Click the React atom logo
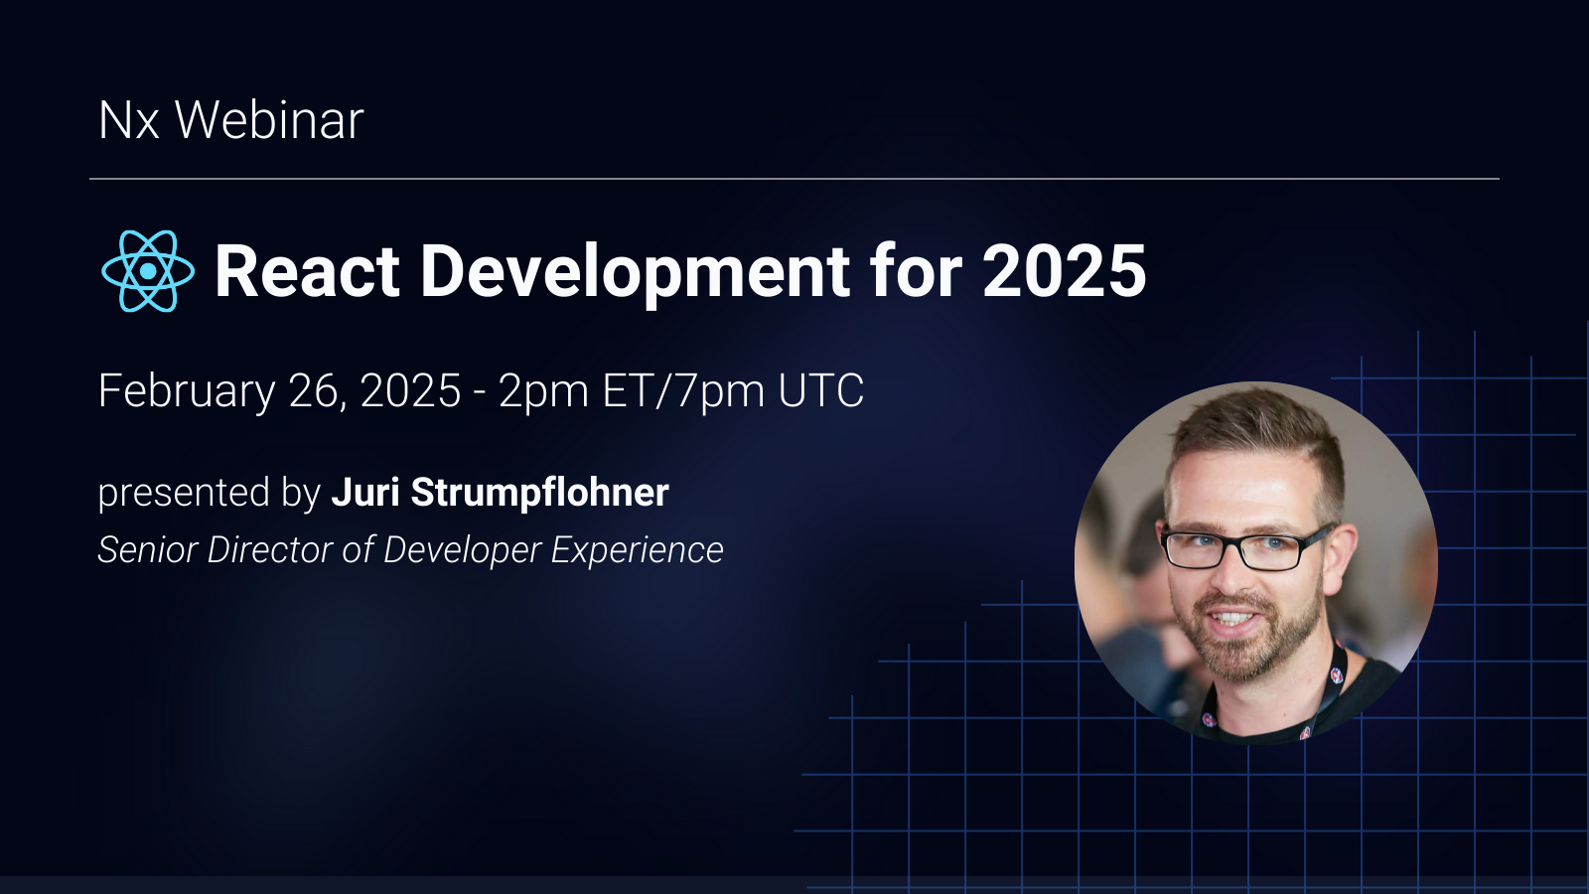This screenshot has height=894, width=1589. pos(148,271)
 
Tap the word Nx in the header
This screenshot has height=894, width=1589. pos(129,121)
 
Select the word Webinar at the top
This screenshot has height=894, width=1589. pos(269,121)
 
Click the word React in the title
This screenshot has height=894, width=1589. pos(307,271)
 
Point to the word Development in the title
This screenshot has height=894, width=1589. pos(636,271)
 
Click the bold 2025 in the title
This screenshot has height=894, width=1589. pos(1064,271)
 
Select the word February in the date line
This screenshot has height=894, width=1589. pos(186,391)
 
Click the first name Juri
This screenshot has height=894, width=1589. pos(364,493)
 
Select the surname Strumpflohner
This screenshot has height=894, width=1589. pos(539,493)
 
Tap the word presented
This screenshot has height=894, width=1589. pos(170,494)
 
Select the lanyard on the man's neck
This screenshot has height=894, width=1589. pos(1331,685)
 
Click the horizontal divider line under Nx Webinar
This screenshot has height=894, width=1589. pos(794,179)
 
